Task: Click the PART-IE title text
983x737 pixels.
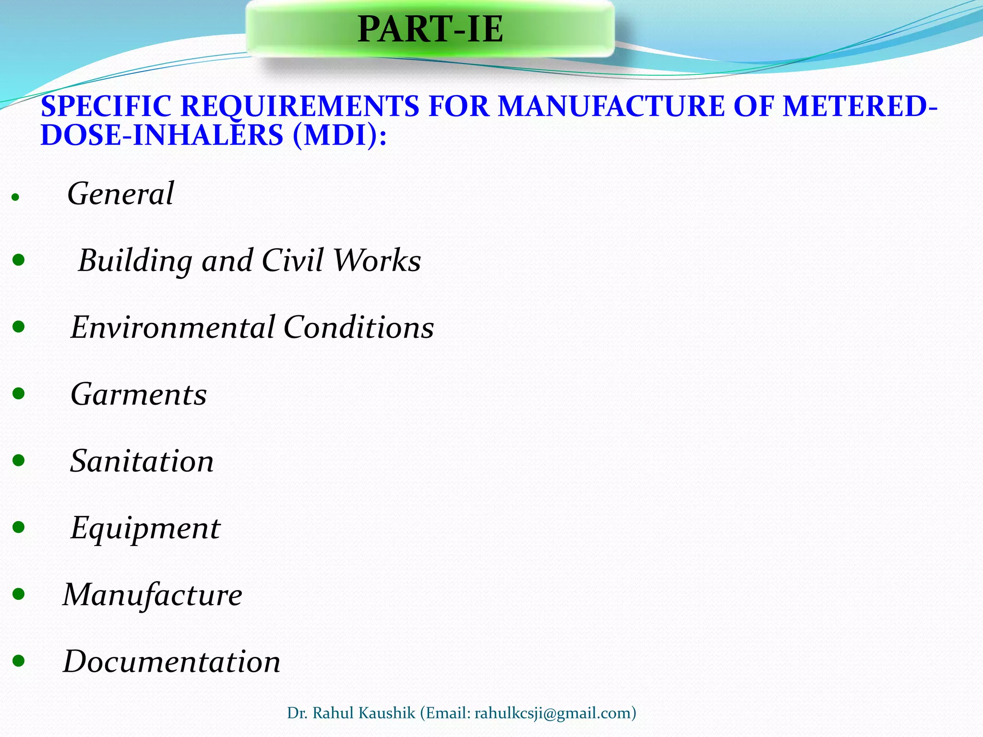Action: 430,30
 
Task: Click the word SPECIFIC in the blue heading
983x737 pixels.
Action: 106,107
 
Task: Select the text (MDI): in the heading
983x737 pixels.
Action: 339,135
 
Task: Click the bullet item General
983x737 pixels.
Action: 120,194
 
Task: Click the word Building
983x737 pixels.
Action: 135,261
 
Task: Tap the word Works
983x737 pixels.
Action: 377,261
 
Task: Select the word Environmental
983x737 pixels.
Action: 172,328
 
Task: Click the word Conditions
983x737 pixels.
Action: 359,328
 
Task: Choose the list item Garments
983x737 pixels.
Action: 139,394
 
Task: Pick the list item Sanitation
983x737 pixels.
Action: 142,461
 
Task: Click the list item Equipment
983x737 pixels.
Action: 145,528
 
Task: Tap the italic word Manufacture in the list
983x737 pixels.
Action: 153,595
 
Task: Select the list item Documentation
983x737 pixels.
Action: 172,662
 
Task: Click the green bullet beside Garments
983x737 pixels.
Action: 19,394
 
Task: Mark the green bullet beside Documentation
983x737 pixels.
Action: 19,662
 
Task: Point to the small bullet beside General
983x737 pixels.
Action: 15,197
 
